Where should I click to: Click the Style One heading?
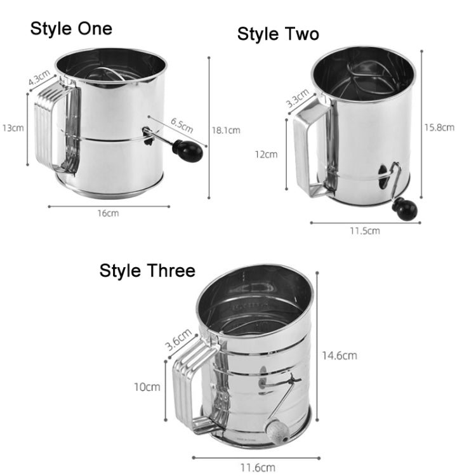pyautogui.click(x=71, y=29)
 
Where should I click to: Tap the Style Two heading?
pyautogui.click(x=278, y=34)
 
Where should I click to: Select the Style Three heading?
pyautogui.click(x=147, y=270)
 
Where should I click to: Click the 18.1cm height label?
pyautogui.click(x=226, y=130)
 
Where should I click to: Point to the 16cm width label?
pyautogui.click(x=108, y=213)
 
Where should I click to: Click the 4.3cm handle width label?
pyautogui.click(x=39, y=79)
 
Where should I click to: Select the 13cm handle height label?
pyautogui.click(x=13, y=128)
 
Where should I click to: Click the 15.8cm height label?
pyautogui.click(x=439, y=127)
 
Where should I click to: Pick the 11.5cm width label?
pyautogui.click(x=365, y=230)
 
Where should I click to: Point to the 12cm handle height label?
pyautogui.click(x=266, y=154)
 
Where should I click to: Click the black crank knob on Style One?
pyautogui.click(x=188, y=150)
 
